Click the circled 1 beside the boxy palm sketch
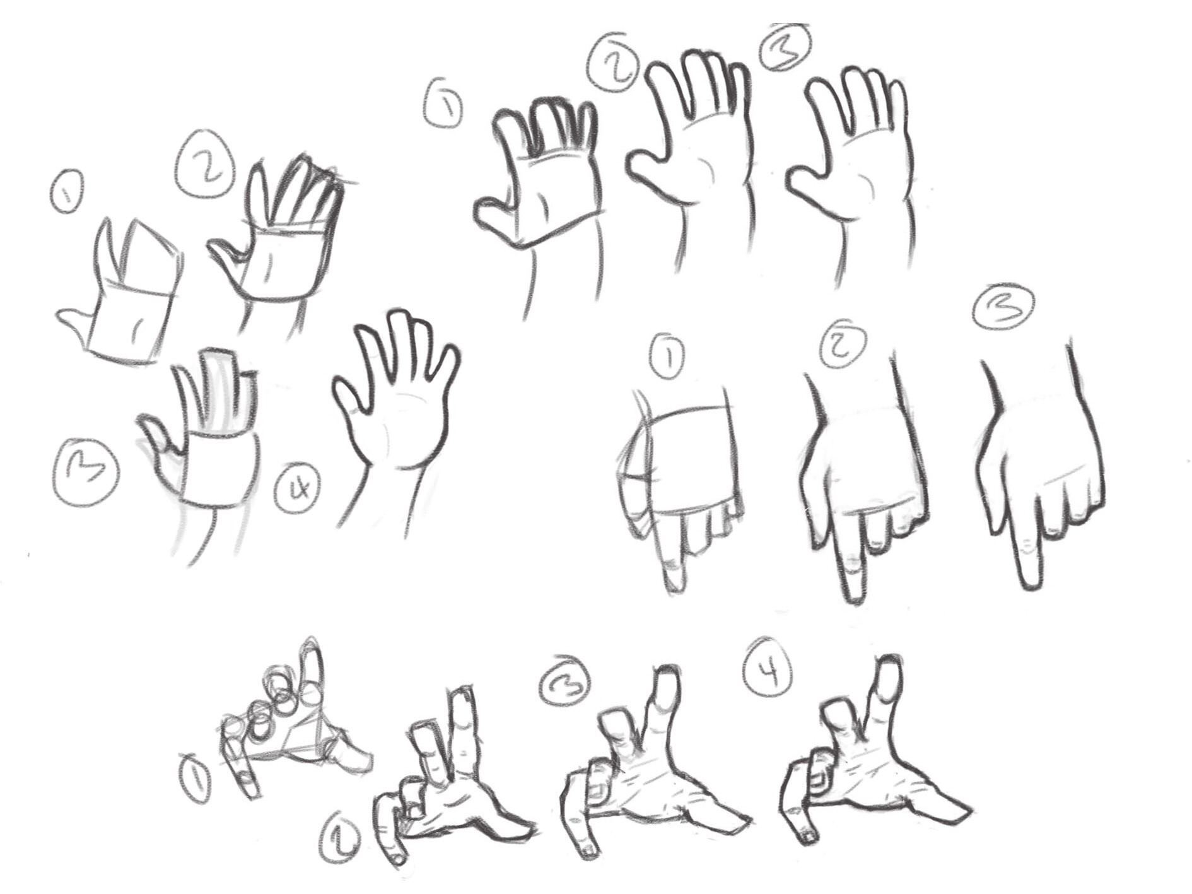pyautogui.click(x=67, y=191)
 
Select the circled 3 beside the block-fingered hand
pyautogui.click(x=86, y=471)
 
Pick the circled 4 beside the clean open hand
pyautogui.click(x=297, y=487)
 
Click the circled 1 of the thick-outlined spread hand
pyautogui.click(x=443, y=107)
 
